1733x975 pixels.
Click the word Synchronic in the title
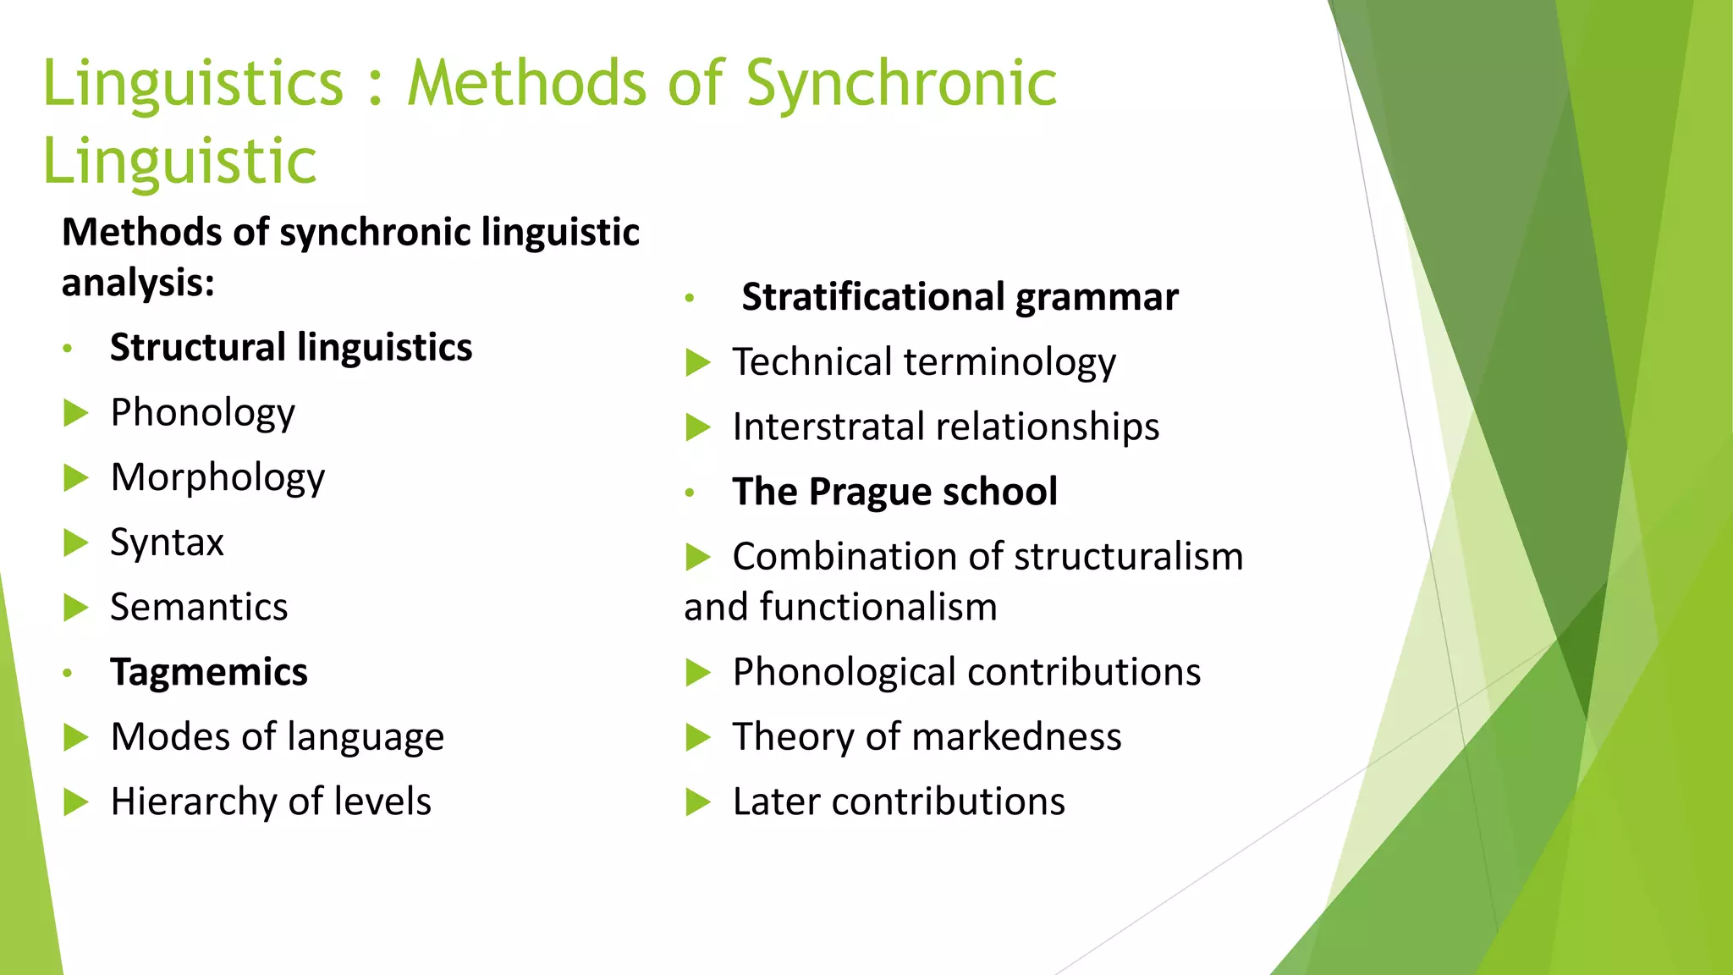coord(901,85)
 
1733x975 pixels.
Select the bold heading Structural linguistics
coord(291,348)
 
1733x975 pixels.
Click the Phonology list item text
coord(203,413)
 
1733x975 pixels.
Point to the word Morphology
coord(217,478)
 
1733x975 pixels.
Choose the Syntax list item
coord(167,543)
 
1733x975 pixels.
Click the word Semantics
coord(199,608)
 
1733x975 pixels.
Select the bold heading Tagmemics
coord(209,673)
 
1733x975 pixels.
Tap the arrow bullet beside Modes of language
coord(76,737)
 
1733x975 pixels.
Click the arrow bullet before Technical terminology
coord(697,362)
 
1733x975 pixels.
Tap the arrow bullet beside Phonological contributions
coord(697,673)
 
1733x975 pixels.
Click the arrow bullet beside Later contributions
coord(697,802)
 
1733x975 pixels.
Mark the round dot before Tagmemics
coord(68,674)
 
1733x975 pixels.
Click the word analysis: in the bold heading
coord(138,283)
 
